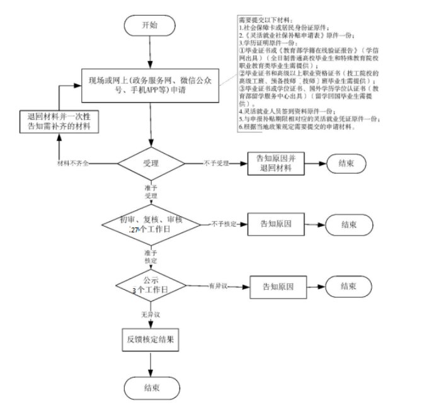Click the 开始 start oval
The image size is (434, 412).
click(x=151, y=26)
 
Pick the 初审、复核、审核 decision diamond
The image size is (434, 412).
click(x=151, y=224)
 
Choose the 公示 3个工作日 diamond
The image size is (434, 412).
click(x=151, y=285)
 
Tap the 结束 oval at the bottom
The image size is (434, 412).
click(x=151, y=386)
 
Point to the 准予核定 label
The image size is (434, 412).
click(x=151, y=256)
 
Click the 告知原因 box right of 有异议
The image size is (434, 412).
click(x=279, y=286)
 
